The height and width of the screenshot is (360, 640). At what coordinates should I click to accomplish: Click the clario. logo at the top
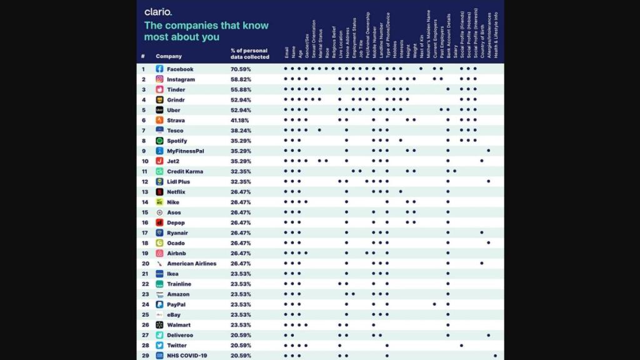[x=158, y=12]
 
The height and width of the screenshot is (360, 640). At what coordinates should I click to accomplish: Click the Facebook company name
[x=180, y=69]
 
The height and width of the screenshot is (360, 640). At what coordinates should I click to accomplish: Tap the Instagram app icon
[x=159, y=79]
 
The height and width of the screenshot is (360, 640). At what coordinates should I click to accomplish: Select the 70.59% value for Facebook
[x=241, y=69]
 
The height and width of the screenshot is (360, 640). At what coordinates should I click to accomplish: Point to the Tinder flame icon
[x=159, y=89]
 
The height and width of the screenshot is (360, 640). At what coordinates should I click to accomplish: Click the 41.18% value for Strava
[x=241, y=120]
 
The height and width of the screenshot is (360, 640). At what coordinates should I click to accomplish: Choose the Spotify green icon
[x=159, y=141]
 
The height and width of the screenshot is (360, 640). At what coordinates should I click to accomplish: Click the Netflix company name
[x=178, y=192]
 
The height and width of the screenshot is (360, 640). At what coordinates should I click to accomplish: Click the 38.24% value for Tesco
[x=241, y=131]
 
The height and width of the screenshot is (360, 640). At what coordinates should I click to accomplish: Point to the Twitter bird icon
[x=159, y=345]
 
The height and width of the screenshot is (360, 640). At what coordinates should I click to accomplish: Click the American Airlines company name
[x=191, y=263]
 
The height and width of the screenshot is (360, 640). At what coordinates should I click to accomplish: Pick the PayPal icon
[x=159, y=304]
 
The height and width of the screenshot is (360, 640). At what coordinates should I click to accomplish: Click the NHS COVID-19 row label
[x=187, y=355]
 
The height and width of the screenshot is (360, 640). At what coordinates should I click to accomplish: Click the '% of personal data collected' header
[x=249, y=53]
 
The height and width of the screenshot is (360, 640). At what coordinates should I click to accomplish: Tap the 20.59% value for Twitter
[x=241, y=345]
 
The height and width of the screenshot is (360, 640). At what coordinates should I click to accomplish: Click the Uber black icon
[x=159, y=110]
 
